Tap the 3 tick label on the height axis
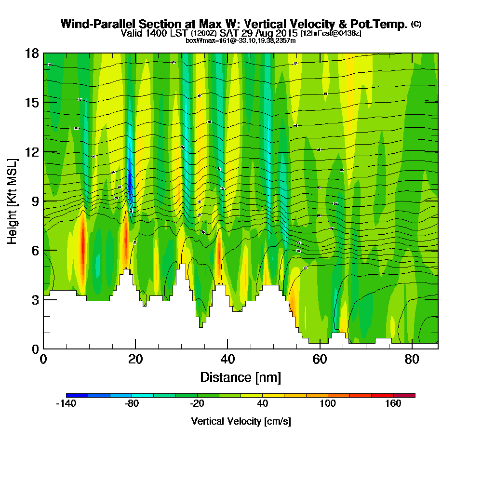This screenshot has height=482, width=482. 35,300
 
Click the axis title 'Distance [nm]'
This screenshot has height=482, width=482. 241,377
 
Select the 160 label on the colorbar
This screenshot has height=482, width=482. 393,404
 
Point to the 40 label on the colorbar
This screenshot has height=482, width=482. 263,404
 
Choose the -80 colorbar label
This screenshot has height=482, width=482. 132,404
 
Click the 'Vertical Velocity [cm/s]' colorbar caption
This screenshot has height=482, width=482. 241,421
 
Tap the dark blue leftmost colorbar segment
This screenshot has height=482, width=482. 77,395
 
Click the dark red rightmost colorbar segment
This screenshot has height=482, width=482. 404,395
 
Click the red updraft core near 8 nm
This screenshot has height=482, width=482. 82,243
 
